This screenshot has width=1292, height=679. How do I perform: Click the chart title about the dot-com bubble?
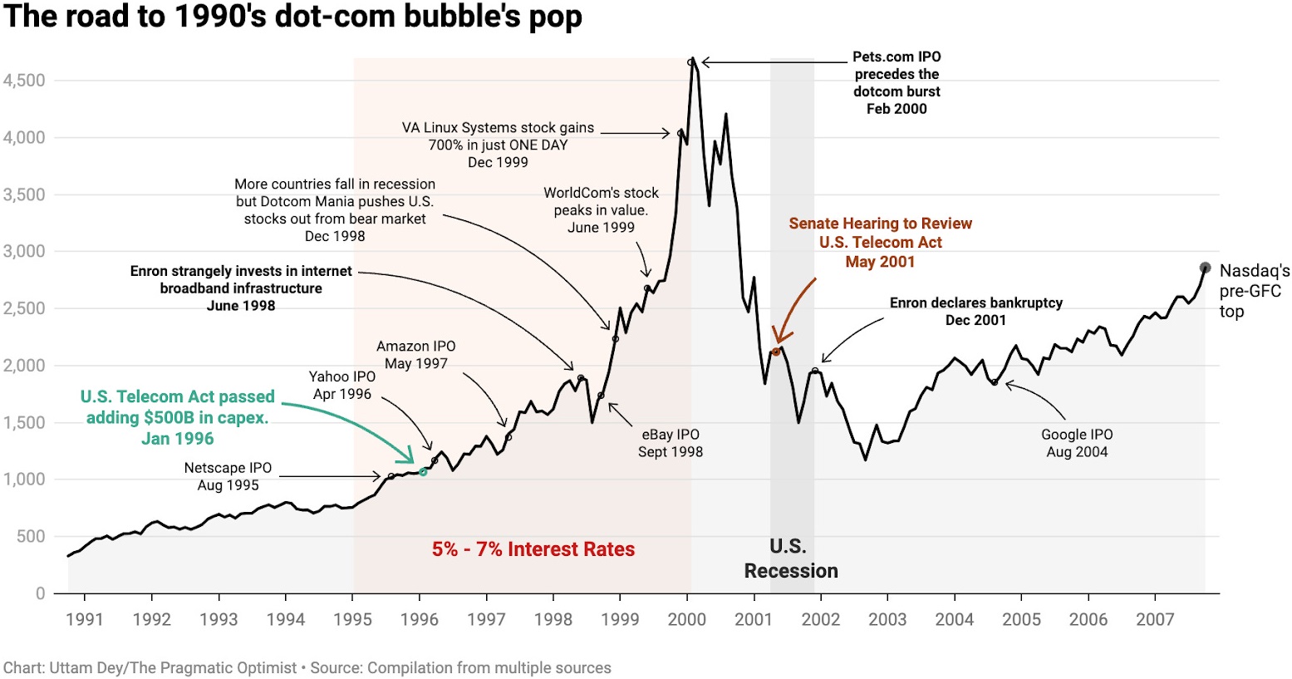292,17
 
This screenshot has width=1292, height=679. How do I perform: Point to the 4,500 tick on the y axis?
24,81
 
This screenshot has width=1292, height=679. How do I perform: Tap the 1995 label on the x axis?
352,619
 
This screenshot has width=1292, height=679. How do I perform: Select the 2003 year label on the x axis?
887,619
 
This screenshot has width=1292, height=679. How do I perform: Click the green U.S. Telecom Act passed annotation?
177,417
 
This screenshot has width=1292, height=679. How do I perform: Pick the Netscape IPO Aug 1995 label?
228,476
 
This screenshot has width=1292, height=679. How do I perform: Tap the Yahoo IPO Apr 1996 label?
342,386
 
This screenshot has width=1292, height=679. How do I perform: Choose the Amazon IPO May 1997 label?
415,355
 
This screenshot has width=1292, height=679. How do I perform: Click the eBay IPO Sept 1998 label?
671,443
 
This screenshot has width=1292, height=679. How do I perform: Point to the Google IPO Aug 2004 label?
1077,443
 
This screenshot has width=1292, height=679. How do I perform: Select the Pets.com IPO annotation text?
897,82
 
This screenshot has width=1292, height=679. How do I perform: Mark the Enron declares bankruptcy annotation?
975,312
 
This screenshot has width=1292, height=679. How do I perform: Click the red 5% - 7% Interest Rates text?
533,549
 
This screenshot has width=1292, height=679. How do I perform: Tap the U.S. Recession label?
790,558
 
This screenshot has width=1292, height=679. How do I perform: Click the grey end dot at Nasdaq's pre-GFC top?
1205,268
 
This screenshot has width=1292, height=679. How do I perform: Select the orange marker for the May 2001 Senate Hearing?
776,352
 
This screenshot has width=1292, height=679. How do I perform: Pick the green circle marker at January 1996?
423,471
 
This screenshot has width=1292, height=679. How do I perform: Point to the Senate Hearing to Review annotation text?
880,242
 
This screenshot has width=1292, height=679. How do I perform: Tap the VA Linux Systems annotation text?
498,145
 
